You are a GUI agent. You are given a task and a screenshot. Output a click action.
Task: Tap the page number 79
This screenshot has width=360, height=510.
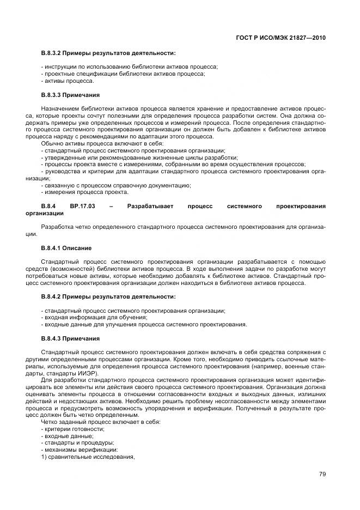click(322, 474)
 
